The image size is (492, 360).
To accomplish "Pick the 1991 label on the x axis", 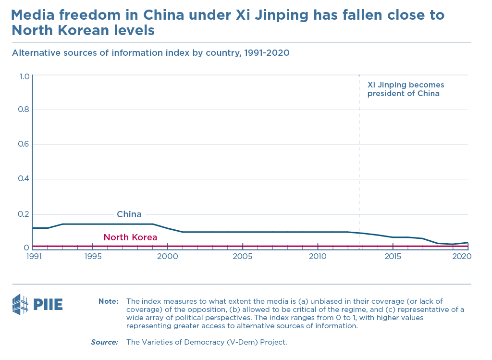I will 33,257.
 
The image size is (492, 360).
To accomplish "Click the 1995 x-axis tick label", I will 93,257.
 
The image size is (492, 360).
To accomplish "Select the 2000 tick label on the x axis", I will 168,257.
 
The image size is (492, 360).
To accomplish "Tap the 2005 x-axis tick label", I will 243,257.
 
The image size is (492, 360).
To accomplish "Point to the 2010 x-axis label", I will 318,257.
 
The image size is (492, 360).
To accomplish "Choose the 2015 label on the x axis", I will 393,257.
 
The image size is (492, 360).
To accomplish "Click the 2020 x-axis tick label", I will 461,257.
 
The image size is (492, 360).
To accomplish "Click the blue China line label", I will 129,214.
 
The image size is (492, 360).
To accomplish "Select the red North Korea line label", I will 130,237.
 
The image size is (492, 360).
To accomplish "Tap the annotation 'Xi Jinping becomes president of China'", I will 403,89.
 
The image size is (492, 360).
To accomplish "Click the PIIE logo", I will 37,304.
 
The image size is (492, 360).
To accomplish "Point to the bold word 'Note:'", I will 108,301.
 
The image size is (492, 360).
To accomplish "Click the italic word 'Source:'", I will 105,342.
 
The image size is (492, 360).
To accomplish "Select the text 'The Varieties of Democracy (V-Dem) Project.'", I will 207,342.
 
